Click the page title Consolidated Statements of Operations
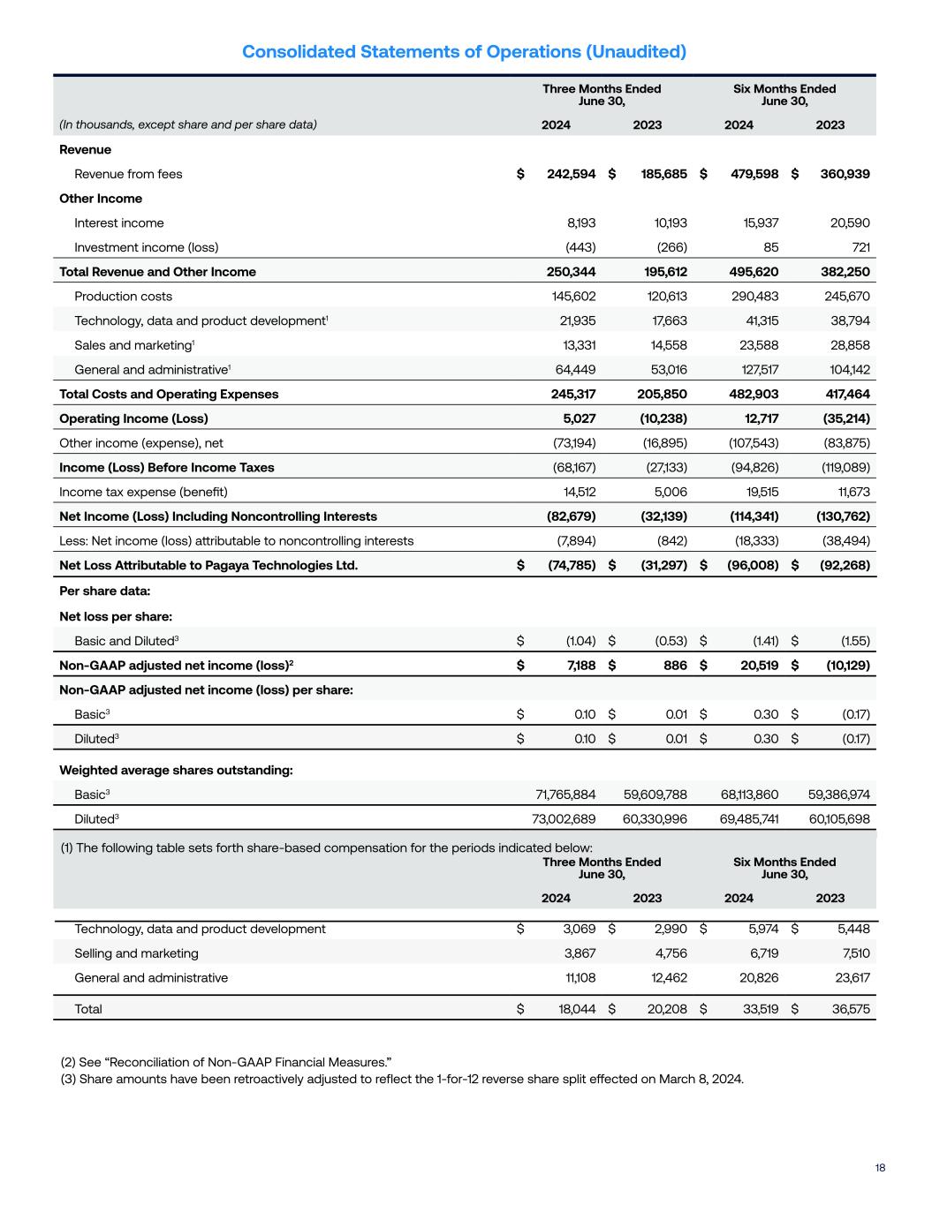[x=464, y=52]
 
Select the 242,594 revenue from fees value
[x=571, y=174]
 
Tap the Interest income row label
[x=118, y=223]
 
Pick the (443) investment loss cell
[x=580, y=247]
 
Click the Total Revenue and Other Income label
[x=157, y=272]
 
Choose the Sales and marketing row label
[x=133, y=345]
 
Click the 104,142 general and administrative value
[x=845, y=370]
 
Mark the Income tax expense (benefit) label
[x=143, y=492]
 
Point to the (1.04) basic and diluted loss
[x=580, y=641]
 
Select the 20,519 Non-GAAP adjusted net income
[x=754, y=665]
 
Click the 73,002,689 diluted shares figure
[x=564, y=819]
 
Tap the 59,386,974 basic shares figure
[x=839, y=795]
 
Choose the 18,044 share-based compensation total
[x=577, y=1009]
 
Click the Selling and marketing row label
[x=136, y=953]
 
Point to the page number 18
[x=880, y=1168]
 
